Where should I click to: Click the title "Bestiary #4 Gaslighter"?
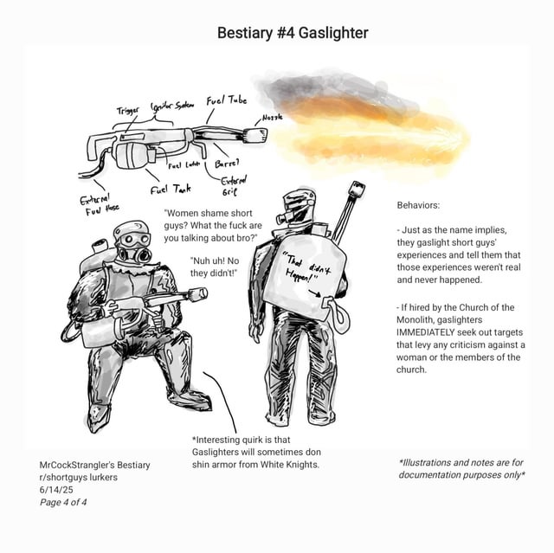click(293, 33)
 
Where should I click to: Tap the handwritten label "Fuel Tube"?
click(227, 101)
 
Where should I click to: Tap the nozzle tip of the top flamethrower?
click(256, 135)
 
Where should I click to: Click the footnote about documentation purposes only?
click(462, 468)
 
